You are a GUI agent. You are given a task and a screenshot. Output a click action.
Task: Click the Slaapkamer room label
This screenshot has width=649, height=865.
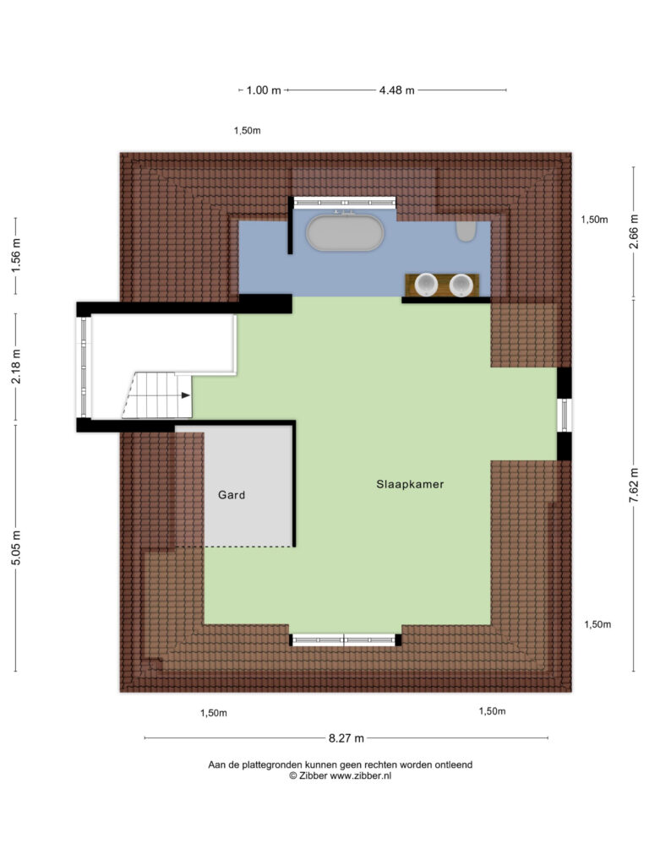pyautogui.click(x=410, y=484)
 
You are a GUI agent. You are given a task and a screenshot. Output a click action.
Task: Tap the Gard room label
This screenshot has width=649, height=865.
pyautogui.click(x=232, y=495)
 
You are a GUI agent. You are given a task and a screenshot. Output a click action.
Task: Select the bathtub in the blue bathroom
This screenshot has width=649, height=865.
pyautogui.click(x=345, y=232)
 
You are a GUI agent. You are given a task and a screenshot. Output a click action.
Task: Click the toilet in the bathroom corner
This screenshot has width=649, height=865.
pyautogui.click(x=466, y=231)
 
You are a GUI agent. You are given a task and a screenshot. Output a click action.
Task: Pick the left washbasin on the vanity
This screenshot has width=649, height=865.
pyautogui.click(x=426, y=285)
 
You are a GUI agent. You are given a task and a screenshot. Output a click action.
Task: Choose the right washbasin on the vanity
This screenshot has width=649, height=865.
pyautogui.click(x=461, y=285)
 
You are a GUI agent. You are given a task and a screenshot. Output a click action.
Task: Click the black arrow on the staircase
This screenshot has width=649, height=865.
pyautogui.click(x=185, y=395)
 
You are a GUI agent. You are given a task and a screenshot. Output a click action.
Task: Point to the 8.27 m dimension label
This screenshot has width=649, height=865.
pyautogui.click(x=346, y=738)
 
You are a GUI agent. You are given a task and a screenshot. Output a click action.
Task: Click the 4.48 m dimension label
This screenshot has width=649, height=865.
pyautogui.click(x=397, y=90)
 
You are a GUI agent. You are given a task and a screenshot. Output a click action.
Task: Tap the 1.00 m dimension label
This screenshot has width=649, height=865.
pyautogui.click(x=264, y=90)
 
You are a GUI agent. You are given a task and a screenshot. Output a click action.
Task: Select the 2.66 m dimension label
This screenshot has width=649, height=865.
pyautogui.click(x=634, y=231)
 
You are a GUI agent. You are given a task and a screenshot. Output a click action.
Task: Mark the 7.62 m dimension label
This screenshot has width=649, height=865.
pyautogui.click(x=634, y=485)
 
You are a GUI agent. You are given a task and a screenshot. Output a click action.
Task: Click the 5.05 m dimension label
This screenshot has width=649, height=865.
pyautogui.click(x=16, y=547)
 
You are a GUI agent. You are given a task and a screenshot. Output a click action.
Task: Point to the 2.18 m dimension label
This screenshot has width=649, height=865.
pyautogui.click(x=16, y=367)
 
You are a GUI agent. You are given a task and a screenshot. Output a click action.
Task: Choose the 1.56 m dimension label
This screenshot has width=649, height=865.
pyautogui.click(x=16, y=255)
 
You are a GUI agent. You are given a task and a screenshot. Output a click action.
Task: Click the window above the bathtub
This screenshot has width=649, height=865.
pyautogui.click(x=345, y=203)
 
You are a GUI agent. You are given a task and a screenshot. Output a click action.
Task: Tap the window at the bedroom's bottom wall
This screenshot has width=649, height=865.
pyautogui.click(x=345, y=640)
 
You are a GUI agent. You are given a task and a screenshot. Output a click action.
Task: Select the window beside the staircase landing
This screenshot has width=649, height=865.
pyautogui.click(x=84, y=367)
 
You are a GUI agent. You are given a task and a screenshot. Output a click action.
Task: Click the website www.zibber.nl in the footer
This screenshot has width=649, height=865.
pyautogui.click(x=360, y=775)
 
